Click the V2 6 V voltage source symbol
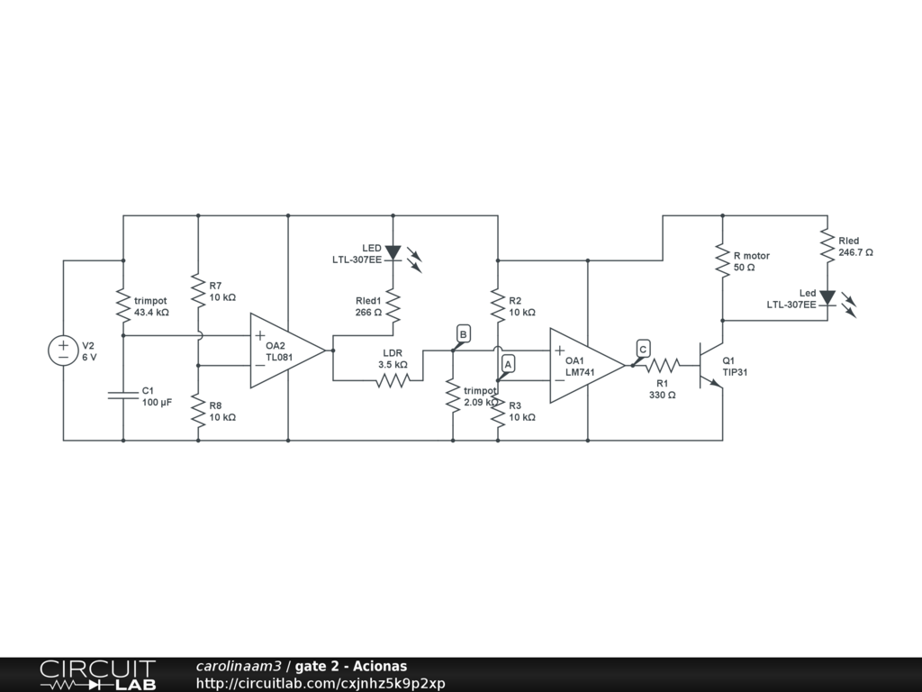(x=63, y=351)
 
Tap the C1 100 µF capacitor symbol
(x=123, y=395)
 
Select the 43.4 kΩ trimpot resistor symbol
(x=123, y=305)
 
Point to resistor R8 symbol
(x=198, y=411)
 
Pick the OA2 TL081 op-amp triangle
(x=285, y=351)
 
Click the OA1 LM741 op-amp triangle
(x=584, y=365)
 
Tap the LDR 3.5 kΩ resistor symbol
(x=393, y=380)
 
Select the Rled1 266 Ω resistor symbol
(x=393, y=305)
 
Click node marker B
(x=463, y=334)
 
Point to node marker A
(x=508, y=363)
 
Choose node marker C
(x=642, y=350)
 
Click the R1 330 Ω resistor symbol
(x=663, y=365)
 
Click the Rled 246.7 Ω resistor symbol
(x=827, y=245)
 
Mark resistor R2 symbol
(x=498, y=305)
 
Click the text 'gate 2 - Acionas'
(x=351, y=666)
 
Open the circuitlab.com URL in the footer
(x=321, y=683)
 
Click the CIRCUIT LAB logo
(x=97, y=674)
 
